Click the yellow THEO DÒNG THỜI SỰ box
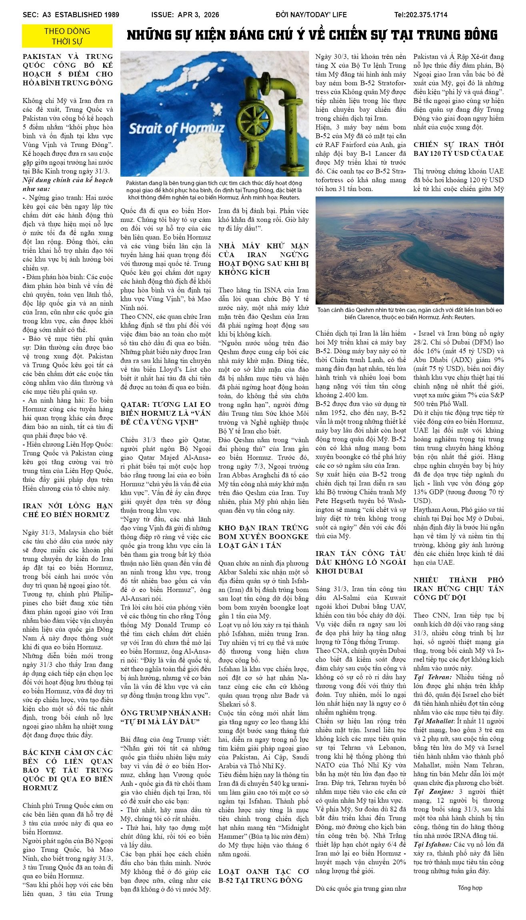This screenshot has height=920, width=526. coord(67,36)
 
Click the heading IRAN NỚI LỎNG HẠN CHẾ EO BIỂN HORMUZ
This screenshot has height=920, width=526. coord(68,510)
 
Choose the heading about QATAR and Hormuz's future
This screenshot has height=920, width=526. coord(166,413)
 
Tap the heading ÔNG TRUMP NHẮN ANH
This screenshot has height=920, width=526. coord(166,717)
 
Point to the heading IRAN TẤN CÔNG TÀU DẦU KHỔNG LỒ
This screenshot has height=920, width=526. coord(360,562)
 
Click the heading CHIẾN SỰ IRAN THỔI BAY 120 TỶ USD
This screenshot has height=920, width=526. coord(458,149)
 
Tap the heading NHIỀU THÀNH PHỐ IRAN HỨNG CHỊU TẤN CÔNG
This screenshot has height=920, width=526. coord(458,589)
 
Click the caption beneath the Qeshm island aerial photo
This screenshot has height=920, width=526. coord(410,314)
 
